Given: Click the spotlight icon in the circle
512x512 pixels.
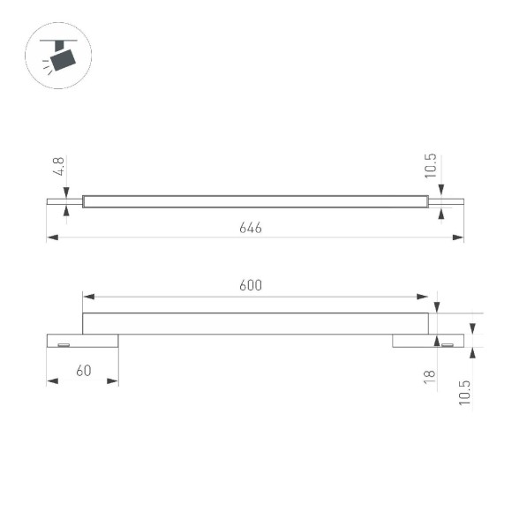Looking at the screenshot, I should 59,56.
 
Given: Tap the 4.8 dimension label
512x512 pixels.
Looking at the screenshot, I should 58,167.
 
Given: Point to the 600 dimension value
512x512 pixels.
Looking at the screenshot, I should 251,285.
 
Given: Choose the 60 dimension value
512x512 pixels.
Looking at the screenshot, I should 85,371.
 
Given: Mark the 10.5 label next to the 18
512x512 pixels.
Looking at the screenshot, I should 464,392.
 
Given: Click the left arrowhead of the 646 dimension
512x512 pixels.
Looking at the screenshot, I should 52,237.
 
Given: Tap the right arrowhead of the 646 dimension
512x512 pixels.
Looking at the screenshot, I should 458,237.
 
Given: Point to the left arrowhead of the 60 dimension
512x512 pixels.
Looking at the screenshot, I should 52,381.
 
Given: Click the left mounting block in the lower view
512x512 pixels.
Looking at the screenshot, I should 82,341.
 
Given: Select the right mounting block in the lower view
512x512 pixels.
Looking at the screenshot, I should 427,341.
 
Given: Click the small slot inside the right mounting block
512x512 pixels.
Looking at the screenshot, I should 447,343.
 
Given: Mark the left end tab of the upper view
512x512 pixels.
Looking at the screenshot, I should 64,201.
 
